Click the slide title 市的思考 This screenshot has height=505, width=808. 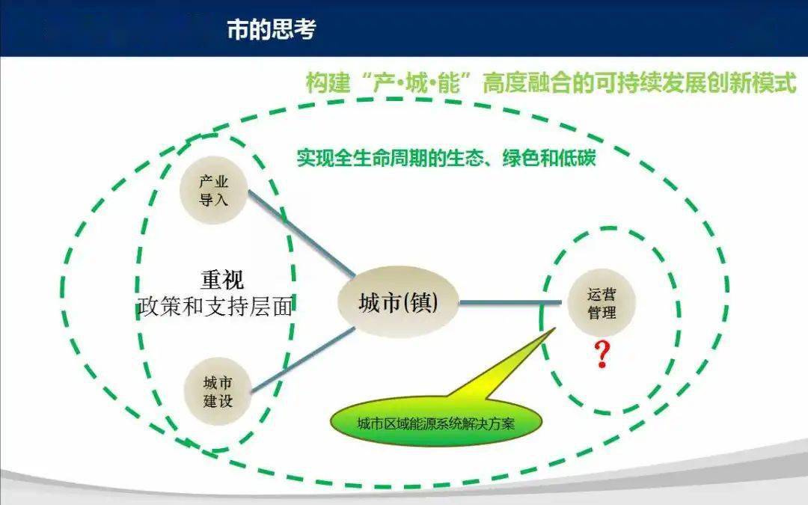coord(271,29)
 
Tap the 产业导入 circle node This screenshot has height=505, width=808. coord(213,191)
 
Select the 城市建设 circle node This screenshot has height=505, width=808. coord(218,391)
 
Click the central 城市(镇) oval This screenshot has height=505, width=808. coord(398,302)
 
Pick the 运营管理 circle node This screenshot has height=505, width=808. coord(602,303)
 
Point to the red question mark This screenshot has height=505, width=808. coord(602,354)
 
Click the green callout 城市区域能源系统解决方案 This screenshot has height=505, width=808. coord(436,423)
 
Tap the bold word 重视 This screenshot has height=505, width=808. coord(222,281)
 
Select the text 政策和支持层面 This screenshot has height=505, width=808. coord(215,307)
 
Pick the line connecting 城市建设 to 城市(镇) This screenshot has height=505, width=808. coord(303,359)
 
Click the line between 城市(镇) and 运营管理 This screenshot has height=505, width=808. coord(510,302)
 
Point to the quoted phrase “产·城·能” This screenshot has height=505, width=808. coord(416,83)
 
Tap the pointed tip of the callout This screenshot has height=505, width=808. coord(555,328)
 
